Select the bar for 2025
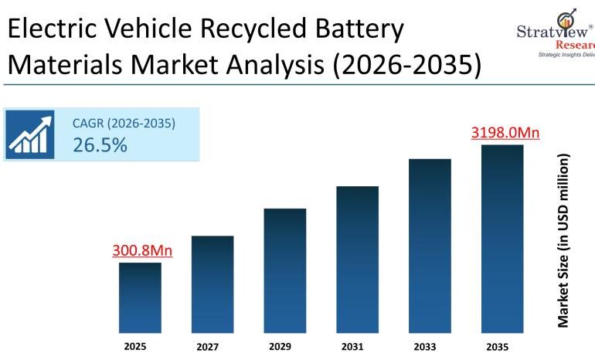click(x=140, y=297)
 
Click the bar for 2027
click(x=212, y=284)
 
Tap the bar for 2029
click(x=285, y=270)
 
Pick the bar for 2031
click(x=357, y=258)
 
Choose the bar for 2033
click(x=430, y=245)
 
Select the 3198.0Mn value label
click(x=505, y=132)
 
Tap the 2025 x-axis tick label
click(x=134, y=347)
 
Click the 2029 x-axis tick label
click(x=280, y=347)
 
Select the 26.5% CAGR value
click(x=100, y=144)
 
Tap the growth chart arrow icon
click(x=32, y=134)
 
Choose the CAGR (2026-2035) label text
click(x=124, y=123)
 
